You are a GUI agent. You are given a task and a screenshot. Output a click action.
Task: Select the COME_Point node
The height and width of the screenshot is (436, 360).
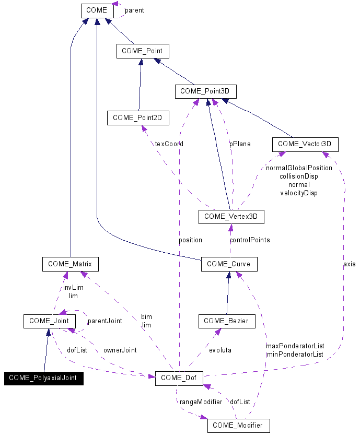click(x=142, y=51)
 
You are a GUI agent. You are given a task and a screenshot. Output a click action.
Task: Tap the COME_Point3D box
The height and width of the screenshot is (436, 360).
click(x=205, y=91)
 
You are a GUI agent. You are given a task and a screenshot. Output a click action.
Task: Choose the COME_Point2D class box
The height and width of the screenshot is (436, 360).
click(x=137, y=118)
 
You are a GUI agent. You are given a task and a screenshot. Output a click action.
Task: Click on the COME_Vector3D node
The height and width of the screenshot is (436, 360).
click(x=305, y=144)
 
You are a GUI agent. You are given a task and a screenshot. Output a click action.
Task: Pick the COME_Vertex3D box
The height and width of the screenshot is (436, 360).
click(x=231, y=216)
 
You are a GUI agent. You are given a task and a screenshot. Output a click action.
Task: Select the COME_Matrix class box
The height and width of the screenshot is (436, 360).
click(x=70, y=264)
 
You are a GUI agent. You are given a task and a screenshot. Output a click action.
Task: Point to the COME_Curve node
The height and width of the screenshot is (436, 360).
click(x=228, y=264)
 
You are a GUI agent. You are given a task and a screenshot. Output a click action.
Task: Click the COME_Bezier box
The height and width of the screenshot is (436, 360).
click(x=227, y=321)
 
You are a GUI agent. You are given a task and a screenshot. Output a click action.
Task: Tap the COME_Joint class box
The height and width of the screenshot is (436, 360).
click(x=49, y=321)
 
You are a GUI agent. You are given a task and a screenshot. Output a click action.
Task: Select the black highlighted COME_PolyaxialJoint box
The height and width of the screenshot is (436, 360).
click(x=43, y=378)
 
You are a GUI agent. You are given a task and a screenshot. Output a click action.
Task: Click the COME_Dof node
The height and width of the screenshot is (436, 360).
click(x=179, y=378)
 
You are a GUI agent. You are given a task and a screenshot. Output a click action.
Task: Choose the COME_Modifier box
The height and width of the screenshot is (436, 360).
click(x=238, y=426)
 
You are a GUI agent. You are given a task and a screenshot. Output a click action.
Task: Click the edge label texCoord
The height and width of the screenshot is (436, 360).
click(x=169, y=144)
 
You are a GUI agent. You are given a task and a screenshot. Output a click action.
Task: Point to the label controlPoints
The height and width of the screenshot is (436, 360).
click(x=250, y=240)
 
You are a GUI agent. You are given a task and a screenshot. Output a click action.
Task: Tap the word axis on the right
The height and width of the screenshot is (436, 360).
click(x=349, y=264)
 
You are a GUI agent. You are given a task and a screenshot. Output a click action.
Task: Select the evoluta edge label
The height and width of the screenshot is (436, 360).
click(x=219, y=350)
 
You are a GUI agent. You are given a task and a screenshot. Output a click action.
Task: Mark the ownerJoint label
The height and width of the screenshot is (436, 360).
click(x=120, y=350)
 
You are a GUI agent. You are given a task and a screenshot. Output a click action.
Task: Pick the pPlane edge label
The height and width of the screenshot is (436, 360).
click(x=240, y=144)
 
